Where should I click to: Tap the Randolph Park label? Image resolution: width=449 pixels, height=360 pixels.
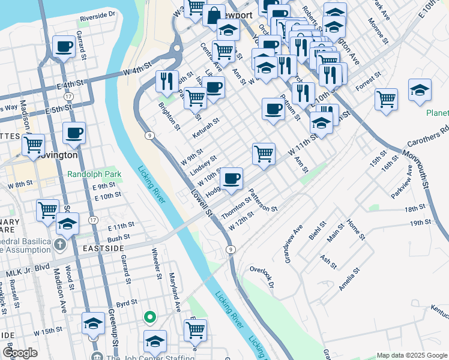[94, 175]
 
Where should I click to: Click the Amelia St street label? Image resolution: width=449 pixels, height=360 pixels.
[351, 278]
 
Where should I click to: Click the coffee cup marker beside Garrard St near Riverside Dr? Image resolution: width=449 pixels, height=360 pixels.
[64, 46]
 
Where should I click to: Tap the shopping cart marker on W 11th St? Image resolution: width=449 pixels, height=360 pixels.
[264, 154]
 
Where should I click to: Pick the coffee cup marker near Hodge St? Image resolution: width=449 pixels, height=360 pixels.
[232, 178]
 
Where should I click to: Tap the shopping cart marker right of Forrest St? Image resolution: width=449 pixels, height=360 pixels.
[387, 98]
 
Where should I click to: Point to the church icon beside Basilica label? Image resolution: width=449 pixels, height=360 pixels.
[59, 244]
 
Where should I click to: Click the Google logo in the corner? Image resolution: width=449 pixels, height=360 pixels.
[19, 353]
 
